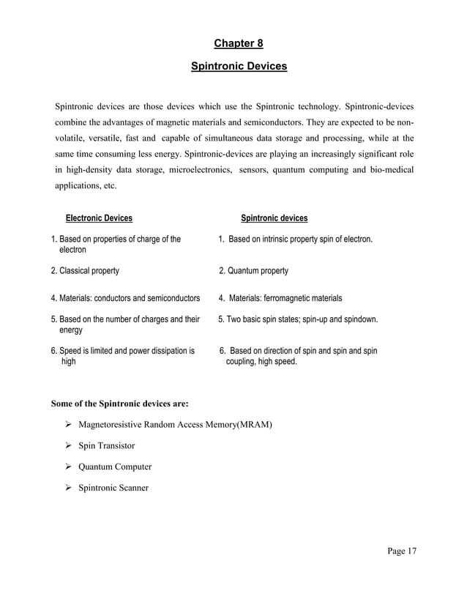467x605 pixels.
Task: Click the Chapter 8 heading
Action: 239,43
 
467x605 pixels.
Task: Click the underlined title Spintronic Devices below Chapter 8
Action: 239,67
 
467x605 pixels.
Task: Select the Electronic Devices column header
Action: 99,218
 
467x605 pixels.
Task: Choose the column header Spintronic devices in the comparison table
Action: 274,218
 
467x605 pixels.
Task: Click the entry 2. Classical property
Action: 85,271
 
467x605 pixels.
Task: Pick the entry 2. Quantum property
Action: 254,271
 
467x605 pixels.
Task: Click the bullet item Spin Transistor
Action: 106,445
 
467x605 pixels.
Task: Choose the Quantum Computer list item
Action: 115,467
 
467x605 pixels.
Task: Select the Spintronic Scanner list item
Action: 113,487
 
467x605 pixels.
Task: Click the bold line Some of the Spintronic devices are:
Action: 119,403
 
